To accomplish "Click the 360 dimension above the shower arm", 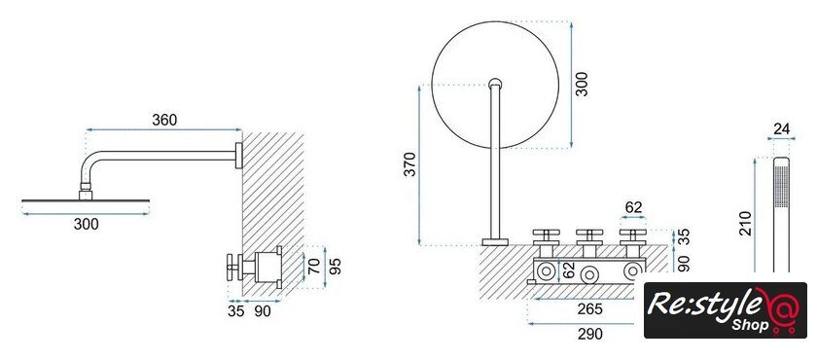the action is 164,120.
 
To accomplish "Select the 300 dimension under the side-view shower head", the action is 86,225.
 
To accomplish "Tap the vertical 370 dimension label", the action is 410,164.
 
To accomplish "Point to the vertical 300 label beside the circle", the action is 583,84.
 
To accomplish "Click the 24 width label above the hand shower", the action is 782,128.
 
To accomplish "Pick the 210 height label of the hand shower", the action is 746,224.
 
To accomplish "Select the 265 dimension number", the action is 589,309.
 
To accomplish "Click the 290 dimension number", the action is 589,334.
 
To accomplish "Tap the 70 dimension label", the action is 313,266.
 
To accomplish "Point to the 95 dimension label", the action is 337,267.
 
